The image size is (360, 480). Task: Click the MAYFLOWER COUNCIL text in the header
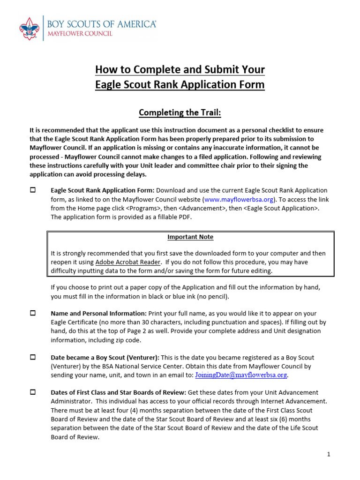pyautogui.click(x=78, y=35)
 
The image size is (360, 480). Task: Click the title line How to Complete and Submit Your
pyautogui.click(x=180, y=70)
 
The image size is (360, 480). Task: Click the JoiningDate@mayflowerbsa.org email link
pyautogui.click(x=241, y=375)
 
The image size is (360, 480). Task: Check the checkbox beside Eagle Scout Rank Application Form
pyautogui.click(x=33, y=190)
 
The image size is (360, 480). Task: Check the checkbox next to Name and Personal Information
pyautogui.click(x=33, y=313)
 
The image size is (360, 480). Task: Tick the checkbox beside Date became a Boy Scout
pyautogui.click(x=33, y=357)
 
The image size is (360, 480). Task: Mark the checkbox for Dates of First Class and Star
pyautogui.click(x=33, y=392)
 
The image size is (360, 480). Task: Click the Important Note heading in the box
pyautogui.click(x=190, y=237)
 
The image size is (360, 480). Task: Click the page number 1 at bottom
pyautogui.click(x=329, y=454)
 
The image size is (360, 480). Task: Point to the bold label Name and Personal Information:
pyautogui.click(x=98, y=314)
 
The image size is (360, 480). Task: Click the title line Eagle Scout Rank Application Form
pyautogui.click(x=180, y=85)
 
